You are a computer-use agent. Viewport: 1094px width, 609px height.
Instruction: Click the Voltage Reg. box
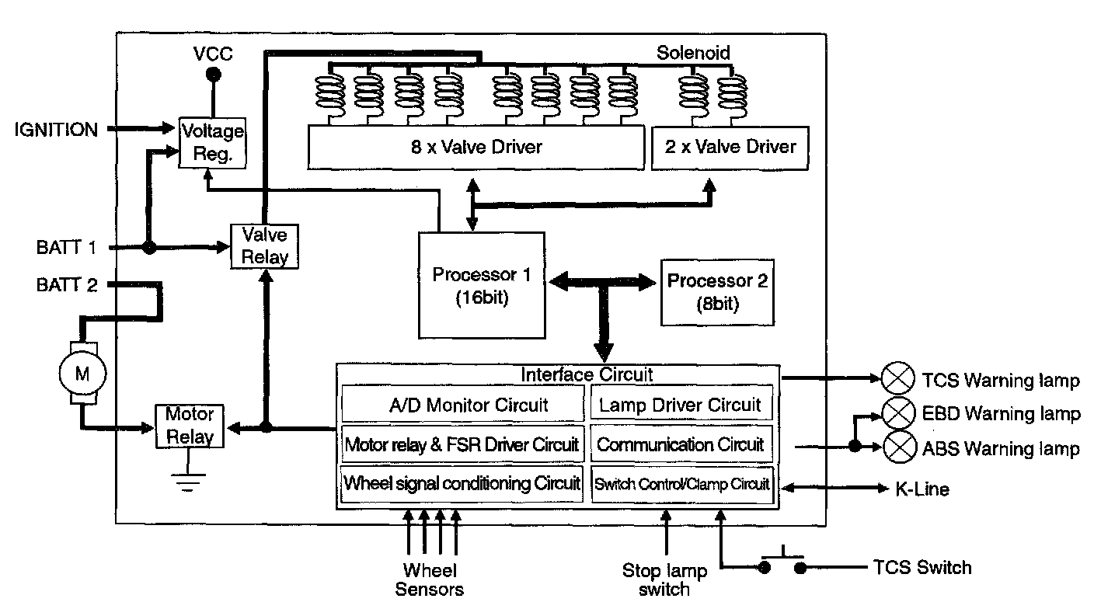click(212, 141)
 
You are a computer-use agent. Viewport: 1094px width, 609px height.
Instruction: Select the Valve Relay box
click(265, 246)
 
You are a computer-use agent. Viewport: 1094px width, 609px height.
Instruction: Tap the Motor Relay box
click(190, 425)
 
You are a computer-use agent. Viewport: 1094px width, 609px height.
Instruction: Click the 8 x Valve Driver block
click(476, 147)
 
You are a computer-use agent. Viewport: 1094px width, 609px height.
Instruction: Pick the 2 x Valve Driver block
click(730, 147)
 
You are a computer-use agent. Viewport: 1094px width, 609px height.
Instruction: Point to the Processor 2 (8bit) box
click(717, 291)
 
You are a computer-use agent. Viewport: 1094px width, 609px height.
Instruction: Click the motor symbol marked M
click(82, 374)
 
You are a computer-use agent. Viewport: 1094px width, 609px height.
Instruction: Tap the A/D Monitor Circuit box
click(463, 405)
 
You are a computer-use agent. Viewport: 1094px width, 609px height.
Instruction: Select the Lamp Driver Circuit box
click(681, 404)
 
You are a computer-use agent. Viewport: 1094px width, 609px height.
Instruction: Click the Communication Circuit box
click(681, 445)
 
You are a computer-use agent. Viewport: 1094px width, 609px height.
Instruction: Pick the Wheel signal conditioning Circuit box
click(462, 483)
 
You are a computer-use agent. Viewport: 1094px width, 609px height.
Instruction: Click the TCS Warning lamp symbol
click(898, 380)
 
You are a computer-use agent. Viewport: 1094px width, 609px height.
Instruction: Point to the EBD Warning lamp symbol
click(898, 413)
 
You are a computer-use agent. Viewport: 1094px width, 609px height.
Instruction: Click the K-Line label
click(922, 489)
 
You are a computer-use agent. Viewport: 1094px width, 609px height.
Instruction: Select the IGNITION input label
click(57, 130)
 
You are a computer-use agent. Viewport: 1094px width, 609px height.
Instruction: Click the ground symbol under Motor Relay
click(184, 483)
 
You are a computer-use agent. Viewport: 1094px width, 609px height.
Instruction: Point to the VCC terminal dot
click(212, 75)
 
